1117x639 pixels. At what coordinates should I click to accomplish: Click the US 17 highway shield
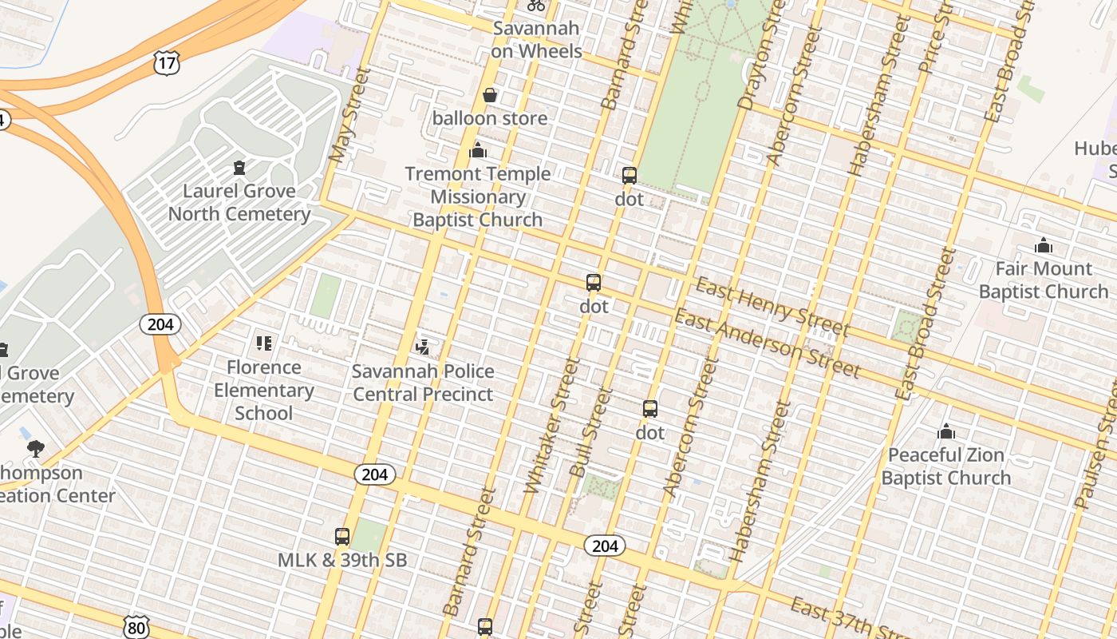coord(168,62)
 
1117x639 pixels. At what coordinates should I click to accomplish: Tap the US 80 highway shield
coord(136,625)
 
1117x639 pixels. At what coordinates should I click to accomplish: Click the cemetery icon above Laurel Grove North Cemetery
coord(239,168)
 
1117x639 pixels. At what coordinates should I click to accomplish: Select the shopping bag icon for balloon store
coord(490,96)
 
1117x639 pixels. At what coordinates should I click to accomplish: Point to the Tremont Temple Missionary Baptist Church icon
coord(478,150)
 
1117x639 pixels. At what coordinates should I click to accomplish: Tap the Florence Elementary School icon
coord(264,343)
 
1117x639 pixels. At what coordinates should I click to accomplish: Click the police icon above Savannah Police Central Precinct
coord(423,347)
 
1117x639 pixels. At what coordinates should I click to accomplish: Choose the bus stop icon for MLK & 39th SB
coord(342,537)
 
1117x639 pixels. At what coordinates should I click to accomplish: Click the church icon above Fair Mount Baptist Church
coord(1043,245)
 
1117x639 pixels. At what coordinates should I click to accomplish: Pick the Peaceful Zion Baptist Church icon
coord(946,431)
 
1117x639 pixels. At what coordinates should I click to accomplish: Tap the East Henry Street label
coord(772,307)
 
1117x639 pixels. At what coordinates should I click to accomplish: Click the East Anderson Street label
coord(768,343)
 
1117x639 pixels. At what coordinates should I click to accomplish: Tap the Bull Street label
coord(591,433)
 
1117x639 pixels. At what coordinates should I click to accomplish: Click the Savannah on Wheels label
coord(536,39)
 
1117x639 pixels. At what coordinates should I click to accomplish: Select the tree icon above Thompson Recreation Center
coord(35,449)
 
